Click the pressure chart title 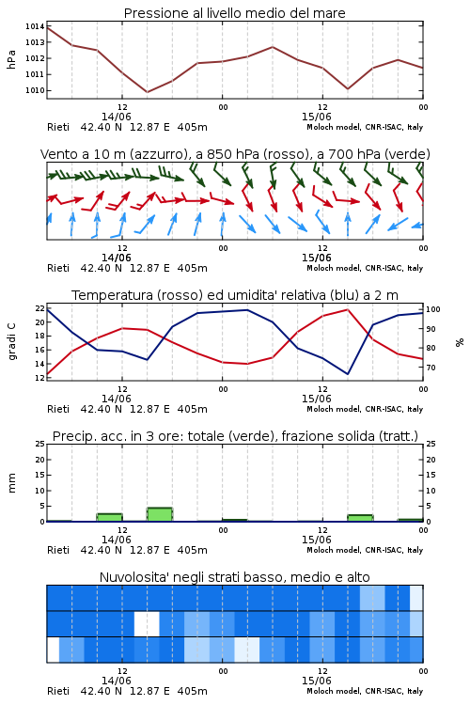tap(234, 13)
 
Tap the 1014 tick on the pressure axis tap(35, 26)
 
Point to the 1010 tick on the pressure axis tap(35, 90)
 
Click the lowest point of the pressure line tap(147, 92)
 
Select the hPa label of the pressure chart tap(11, 59)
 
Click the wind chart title tap(235, 154)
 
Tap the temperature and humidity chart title tap(235, 295)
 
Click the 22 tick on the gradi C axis tap(40, 308)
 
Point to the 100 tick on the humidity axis tap(433, 309)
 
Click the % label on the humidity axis tap(460, 342)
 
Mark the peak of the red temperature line tap(347, 309)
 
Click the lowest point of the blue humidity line tap(347, 373)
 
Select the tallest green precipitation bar tap(160, 514)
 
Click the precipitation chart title tap(235, 436)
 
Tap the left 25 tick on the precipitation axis tap(40, 444)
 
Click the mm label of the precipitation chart tap(11, 483)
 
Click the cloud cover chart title tap(234, 577)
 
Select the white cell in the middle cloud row tap(147, 623)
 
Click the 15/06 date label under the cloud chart tap(316, 681)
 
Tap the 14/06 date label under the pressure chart tap(116, 117)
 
